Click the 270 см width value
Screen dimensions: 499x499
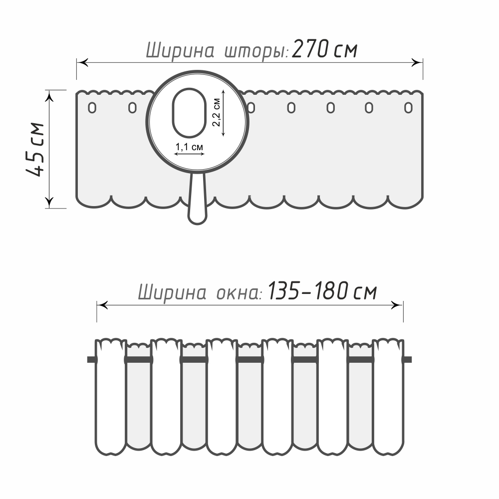(x=325, y=49)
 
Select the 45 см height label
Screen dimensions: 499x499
(x=35, y=149)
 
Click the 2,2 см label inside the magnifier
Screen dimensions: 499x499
(x=216, y=112)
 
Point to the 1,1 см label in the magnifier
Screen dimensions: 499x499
(x=189, y=147)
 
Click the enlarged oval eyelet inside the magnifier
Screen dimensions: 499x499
(x=189, y=113)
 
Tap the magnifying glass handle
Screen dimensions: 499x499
(x=198, y=199)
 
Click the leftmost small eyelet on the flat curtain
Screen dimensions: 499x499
(x=92, y=108)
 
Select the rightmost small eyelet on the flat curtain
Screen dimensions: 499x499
(x=408, y=108)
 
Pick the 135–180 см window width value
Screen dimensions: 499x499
(x=322, y=291)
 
